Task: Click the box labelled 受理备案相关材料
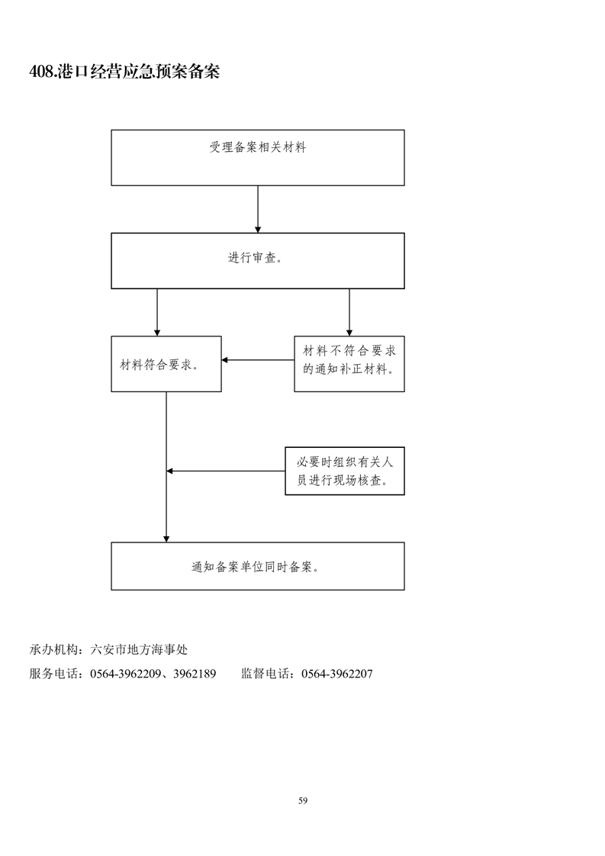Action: [x=258, y=158]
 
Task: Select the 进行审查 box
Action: [x=258, y=261]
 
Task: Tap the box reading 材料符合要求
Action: [x=166, y=364]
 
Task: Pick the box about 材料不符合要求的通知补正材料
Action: [x=349, y=364]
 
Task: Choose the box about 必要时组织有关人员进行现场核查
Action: [x=345, y=471]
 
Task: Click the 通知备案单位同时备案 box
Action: [x=258, y=566]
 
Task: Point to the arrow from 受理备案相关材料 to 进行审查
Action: [x=258, y=210]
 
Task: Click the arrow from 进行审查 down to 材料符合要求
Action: [x=157, y=312]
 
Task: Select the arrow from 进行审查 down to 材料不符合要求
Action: [x=349, y=312]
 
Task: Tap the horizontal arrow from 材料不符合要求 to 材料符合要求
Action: [x=258, y=360]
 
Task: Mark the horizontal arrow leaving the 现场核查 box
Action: [x=226, y=471]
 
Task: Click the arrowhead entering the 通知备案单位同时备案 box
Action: [x=166, y=539]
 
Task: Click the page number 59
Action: [x=303, y=801]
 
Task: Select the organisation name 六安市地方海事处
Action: [x=140, y=650]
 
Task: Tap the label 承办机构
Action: [x=53, y=650]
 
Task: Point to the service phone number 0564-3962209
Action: [x=125, y=674]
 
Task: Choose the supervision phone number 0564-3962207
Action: [x=337, y=674]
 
